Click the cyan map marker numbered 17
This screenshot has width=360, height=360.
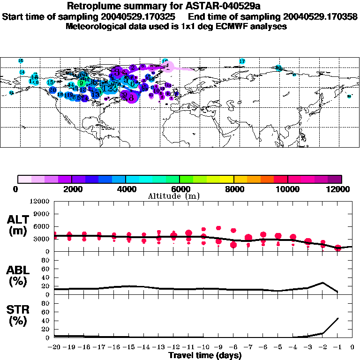(242, 61)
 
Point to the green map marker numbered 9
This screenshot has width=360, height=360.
(81, 83)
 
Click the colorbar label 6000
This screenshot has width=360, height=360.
(180, 189)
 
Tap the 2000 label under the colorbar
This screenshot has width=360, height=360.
(71, 189)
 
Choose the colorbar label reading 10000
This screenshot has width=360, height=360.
(288, 189)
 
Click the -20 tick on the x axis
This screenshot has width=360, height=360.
(54, 348)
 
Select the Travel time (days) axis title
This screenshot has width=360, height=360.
(205, 356)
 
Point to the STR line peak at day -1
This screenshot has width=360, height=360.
(338, 318)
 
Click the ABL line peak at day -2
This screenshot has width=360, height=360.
(323, 283)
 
